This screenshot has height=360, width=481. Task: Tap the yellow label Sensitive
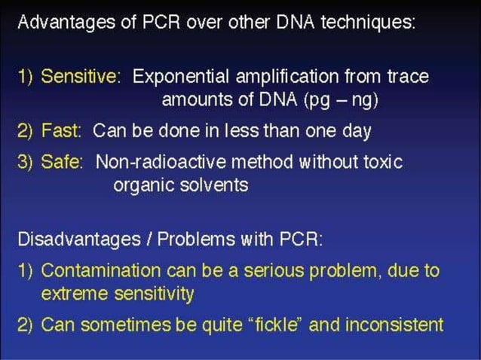pyautogui.click(x=80, y=76)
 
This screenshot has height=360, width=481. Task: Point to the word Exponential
pyautogui.click(x=179, y=76)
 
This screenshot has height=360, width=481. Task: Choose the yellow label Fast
pyautogui.click(x=62, y=131)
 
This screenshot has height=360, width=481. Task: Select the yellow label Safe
pyautogui.click(x=63, y=162)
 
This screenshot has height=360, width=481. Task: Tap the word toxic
pyautogui.click(x=384, y=162)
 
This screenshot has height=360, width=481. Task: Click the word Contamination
pyautogui.click(x=93, y=270)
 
